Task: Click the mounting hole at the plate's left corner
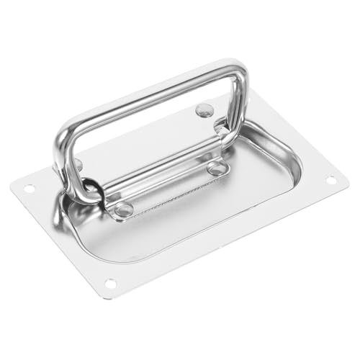click(x=30, y=189)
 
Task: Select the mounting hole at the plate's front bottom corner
click(x=109, y=283)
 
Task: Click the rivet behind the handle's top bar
click(x=205, y=110)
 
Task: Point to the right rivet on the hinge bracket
click(x=215, y=168)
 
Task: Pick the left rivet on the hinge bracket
click(x=124, y=210)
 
